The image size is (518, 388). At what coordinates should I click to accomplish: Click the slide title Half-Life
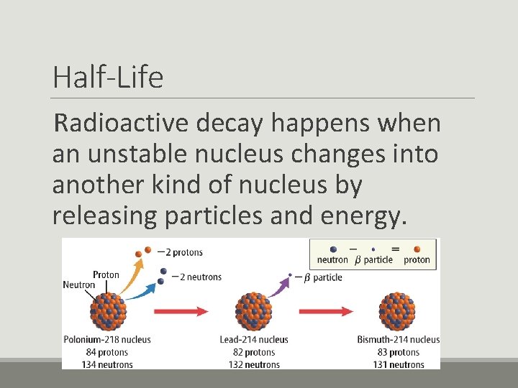point(108,78)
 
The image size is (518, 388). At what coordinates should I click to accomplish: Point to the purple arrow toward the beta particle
point(280,285)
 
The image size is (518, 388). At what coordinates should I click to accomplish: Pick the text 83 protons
point(398,352)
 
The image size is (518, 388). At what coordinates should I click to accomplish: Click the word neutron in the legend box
point(332,260)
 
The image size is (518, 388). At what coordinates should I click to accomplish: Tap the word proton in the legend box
point(417,260)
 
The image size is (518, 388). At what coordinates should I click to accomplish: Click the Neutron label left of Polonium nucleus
point(78,285)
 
